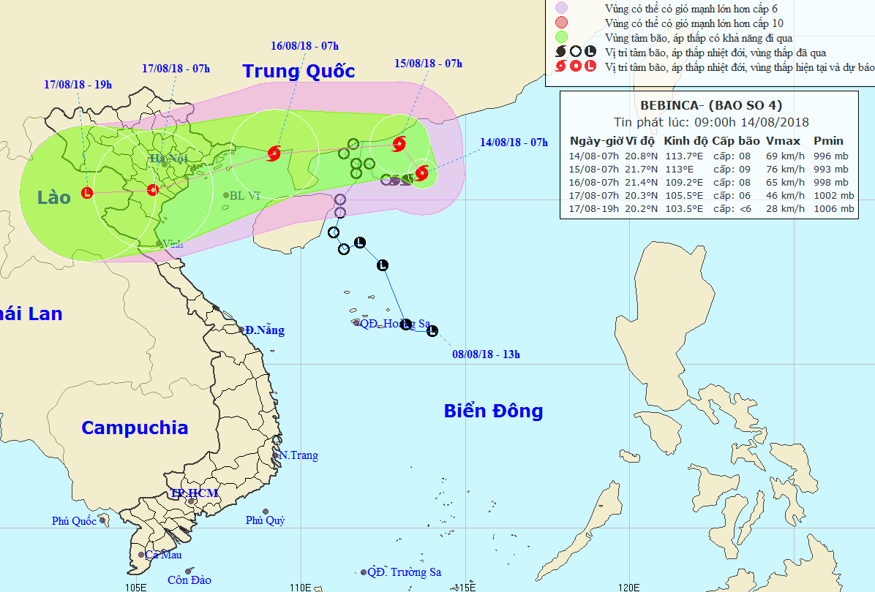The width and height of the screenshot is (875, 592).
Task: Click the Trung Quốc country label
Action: (298, 71)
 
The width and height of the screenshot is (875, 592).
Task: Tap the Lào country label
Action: (54, 197)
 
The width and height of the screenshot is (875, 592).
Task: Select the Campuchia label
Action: (135, 428)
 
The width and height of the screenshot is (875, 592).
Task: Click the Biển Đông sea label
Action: (493, 411)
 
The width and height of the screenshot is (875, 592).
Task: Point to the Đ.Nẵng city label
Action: (265, 330)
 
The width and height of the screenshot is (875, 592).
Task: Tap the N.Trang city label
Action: (298, 455)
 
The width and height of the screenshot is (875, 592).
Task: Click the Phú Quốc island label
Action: (74, 521)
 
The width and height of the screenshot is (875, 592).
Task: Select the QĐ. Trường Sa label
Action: (405, 572)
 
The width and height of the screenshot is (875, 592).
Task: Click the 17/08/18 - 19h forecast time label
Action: (78, 85)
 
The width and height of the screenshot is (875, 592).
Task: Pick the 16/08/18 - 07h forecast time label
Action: (304, 46)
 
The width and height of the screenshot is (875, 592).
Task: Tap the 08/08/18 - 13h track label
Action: (486, 354)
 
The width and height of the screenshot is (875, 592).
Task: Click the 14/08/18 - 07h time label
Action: (514, 143)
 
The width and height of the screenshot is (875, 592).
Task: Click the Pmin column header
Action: (828, 141)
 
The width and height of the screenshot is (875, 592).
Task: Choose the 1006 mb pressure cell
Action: (833, 209)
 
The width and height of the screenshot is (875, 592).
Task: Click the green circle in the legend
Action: (562, 37)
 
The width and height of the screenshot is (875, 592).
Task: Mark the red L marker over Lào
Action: (87, 193)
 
